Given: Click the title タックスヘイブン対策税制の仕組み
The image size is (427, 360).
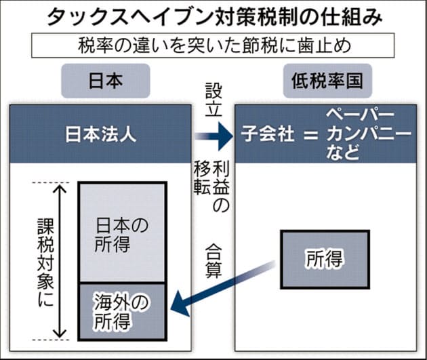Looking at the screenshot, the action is [x=215, y=17].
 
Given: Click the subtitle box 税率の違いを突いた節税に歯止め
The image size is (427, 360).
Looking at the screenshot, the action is [x=213, y=45].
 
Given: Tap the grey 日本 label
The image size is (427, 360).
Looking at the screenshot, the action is [x=106, y=81].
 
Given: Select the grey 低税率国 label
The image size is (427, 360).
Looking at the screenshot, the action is [x=327, y=81].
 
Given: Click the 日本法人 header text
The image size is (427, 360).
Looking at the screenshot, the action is [x=101, y=134].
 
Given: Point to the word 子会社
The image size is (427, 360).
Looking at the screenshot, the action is [x=268, y=134].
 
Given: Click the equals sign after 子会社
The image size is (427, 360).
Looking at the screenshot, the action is [x=310, y=135].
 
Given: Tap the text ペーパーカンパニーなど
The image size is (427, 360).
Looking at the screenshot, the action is [x=368, y=134].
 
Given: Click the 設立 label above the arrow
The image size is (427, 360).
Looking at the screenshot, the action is [x=213, y=100].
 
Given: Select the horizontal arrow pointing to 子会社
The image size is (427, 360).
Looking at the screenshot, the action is [x=214, y=136].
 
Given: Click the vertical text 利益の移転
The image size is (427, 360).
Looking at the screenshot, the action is [x=212, y=187].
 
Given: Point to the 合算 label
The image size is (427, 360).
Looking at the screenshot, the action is [x=213, y=261].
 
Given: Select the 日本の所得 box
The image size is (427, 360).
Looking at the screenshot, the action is [x=122, y=233].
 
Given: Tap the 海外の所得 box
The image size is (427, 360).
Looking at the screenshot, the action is [x=122, y=312].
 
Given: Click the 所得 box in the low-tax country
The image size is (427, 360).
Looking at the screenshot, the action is [x=325, y=260].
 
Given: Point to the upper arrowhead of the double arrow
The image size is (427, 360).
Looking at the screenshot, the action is [x=60, y=188].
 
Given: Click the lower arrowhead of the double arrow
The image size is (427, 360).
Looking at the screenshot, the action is [x=60, y=334].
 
